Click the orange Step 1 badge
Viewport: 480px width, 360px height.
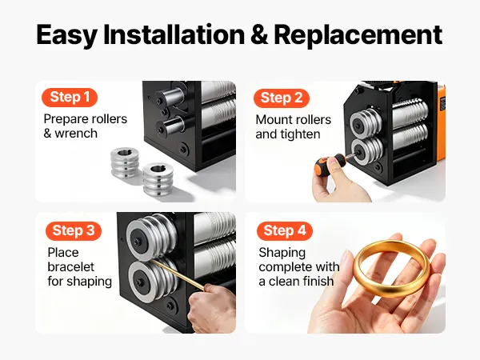coord(70,98)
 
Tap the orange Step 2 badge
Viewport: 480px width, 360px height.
coord(282,98)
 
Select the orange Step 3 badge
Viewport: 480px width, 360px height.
coord(74,231)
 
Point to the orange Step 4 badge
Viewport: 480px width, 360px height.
coord(285,231)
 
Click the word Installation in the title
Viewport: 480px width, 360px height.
coord(174,34)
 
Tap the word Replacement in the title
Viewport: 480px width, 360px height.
coord(358,35)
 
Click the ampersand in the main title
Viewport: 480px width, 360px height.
coord(259,34)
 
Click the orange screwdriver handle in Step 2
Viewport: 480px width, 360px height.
coord(327,164)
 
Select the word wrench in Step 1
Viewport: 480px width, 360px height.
coord(76,134)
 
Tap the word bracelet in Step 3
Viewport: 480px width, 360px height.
coord(71,267)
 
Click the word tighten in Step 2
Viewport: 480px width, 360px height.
coord(302,134)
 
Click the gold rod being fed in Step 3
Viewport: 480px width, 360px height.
coord(178,274)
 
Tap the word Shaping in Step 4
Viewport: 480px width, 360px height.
coord(282,253)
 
